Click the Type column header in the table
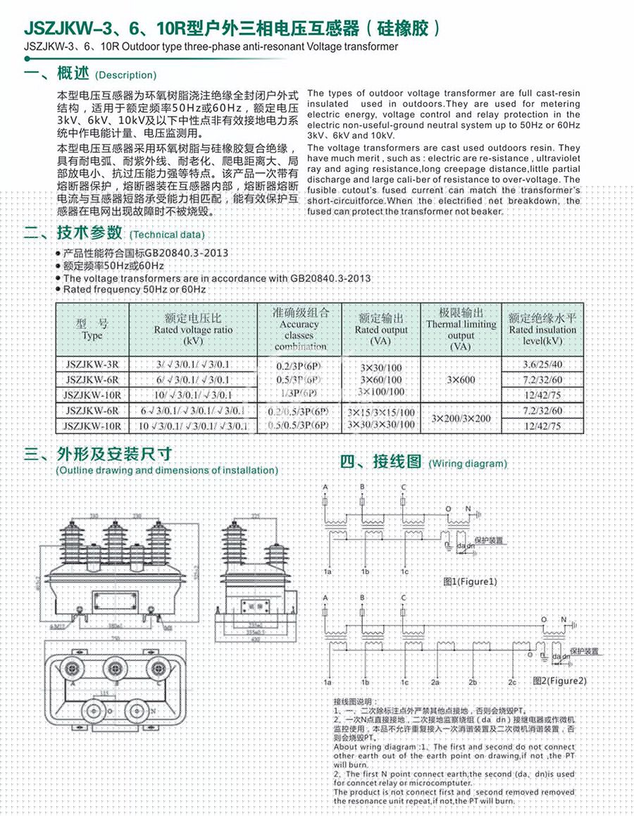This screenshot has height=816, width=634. point(92,330)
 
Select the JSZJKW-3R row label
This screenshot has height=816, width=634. point(92,364)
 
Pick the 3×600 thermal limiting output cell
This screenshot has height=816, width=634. point(461,379)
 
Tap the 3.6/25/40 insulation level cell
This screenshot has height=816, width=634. point(542,364)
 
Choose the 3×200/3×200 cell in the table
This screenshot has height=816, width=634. point(461,419)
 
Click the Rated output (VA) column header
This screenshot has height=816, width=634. point(381,330)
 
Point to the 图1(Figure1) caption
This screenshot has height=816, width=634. point(471,582)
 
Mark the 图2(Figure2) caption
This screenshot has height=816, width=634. point(560,681)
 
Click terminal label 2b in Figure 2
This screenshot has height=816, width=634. point(473,683)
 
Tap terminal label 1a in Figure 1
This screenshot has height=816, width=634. point(328,570)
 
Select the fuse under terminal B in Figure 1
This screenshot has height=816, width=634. point(362,502)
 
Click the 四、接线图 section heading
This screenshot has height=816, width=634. point(380,462)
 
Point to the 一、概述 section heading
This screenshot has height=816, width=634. point(56,73)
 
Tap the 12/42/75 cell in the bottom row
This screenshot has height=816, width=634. point(542,426)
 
